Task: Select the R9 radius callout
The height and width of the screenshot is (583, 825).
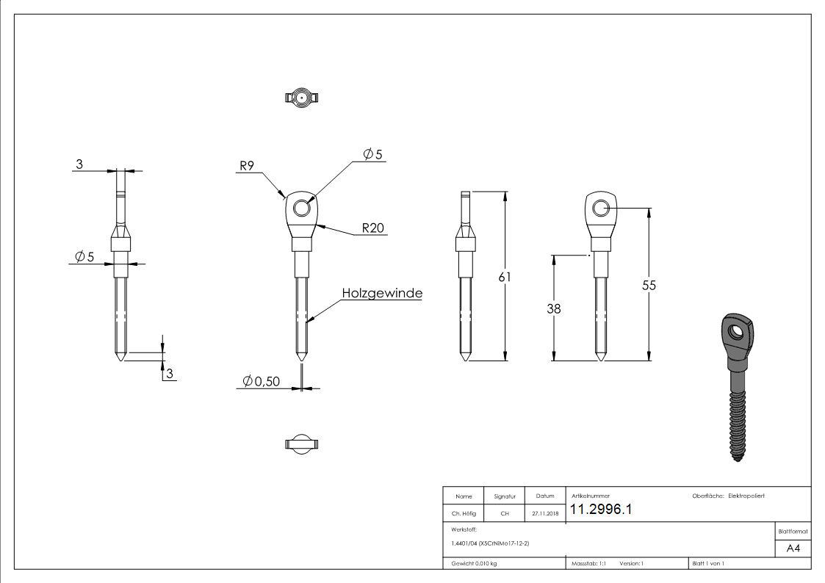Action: coord(245,166)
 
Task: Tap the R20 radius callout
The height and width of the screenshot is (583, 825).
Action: coord(374,228)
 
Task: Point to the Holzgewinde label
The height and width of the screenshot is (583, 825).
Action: coord(382,293)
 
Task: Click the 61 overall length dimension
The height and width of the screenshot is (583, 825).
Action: coord(503,277)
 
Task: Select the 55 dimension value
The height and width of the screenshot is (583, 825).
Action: coord(648,286)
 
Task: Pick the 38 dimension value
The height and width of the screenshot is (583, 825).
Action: coord(553,309)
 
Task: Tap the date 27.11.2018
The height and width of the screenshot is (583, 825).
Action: coord(544,513)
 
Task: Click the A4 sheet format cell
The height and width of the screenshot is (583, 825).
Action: coord(793,548)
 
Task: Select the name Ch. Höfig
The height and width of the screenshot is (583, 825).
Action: coord(463,513)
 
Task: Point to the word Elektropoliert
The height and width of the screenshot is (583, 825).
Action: coord(746,496)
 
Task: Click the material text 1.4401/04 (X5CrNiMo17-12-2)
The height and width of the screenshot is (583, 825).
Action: coord(490,543)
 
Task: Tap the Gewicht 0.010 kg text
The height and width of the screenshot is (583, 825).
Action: coord(474,563)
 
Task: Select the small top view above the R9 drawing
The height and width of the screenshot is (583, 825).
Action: coord(301,97)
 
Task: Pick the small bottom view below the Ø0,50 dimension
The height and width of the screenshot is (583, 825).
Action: coord(301,443)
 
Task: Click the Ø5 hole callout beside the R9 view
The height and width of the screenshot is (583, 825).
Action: coord(373,154)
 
